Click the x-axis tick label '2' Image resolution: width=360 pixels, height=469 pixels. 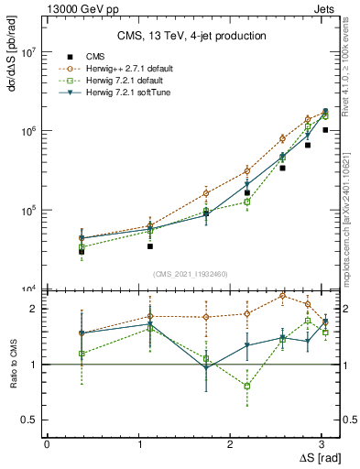click(x=232, y=443)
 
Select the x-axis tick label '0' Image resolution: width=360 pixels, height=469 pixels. click(x=47, y=443)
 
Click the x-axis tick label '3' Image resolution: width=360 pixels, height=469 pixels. click(x=324, y=443)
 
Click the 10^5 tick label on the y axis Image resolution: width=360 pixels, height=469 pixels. click(x=29, y=211)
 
